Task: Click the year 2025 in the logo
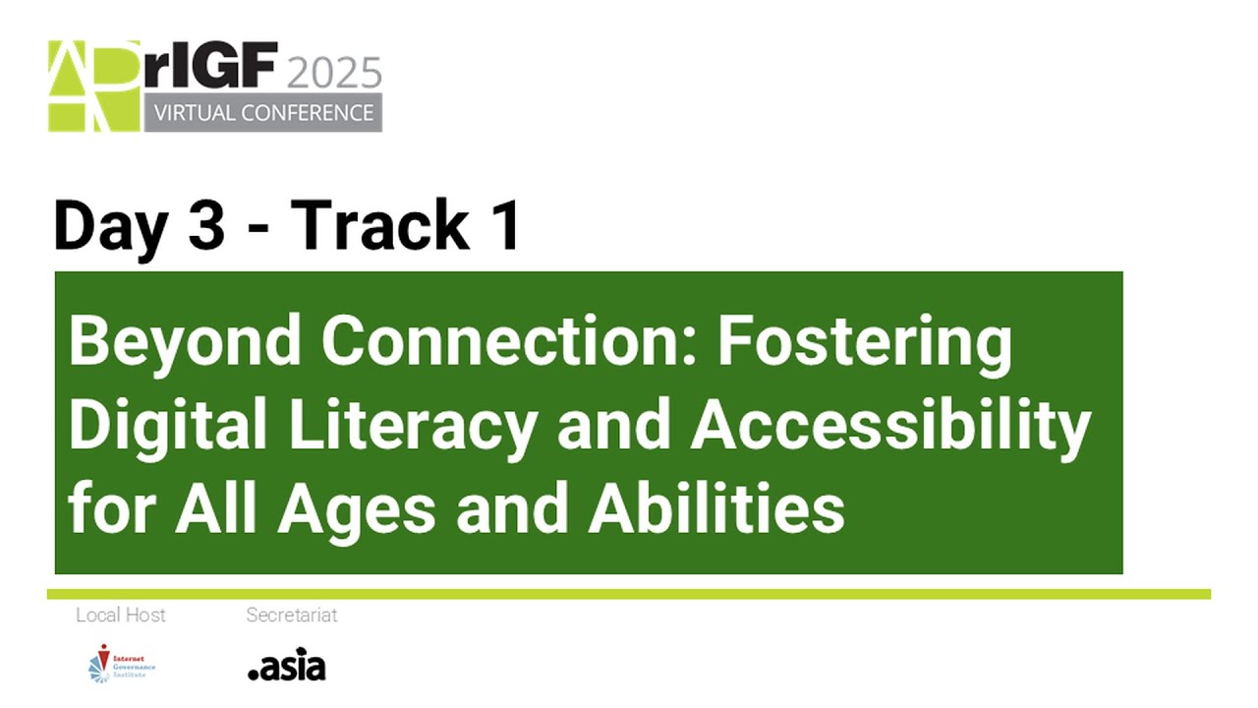click(x=334, y=73)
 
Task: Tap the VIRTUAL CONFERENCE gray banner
click(x=263, y=113)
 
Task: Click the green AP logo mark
click(x=94, y=87)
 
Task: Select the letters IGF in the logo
click(x=232, y=67)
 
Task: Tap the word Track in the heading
click(x=378, y=226)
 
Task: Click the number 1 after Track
click(x=504, y=226)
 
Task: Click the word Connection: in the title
click(x=509, y=341)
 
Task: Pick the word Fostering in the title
click(x=865, y=341)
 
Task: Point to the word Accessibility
click(x=891, y=426)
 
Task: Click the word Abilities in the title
click(x=716, y=509)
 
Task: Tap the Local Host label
click(x=121, y=616)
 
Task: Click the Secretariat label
click(x=292, y=616)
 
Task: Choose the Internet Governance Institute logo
click(x=121, y=664)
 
